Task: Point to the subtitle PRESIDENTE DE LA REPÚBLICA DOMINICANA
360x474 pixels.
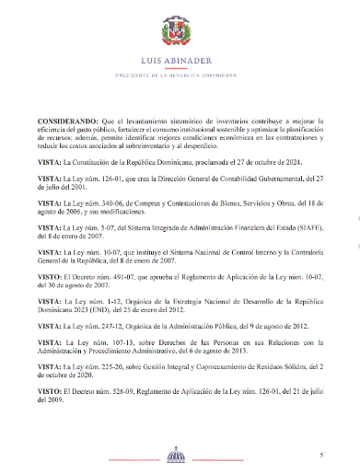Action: point(180,75)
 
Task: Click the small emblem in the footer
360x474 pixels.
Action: point(180,455)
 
